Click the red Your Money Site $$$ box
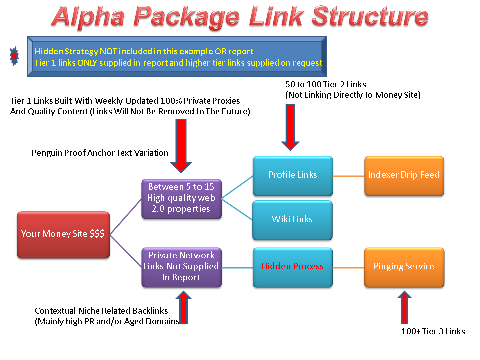point(63,234)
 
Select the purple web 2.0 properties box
point(181,199)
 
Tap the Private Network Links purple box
point(181,267)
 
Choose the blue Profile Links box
point(292,175)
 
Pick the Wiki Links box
point(292,219)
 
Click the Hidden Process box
point(292,267)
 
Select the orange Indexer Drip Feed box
point(403,175)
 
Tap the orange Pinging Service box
point(403,267)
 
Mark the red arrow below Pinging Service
point(404,310)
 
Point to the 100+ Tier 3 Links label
point(433,331)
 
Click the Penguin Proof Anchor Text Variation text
point(100,153)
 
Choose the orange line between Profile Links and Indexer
point(348,176)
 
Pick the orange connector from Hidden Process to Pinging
point(348,268)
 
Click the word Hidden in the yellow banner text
point(48,51)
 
